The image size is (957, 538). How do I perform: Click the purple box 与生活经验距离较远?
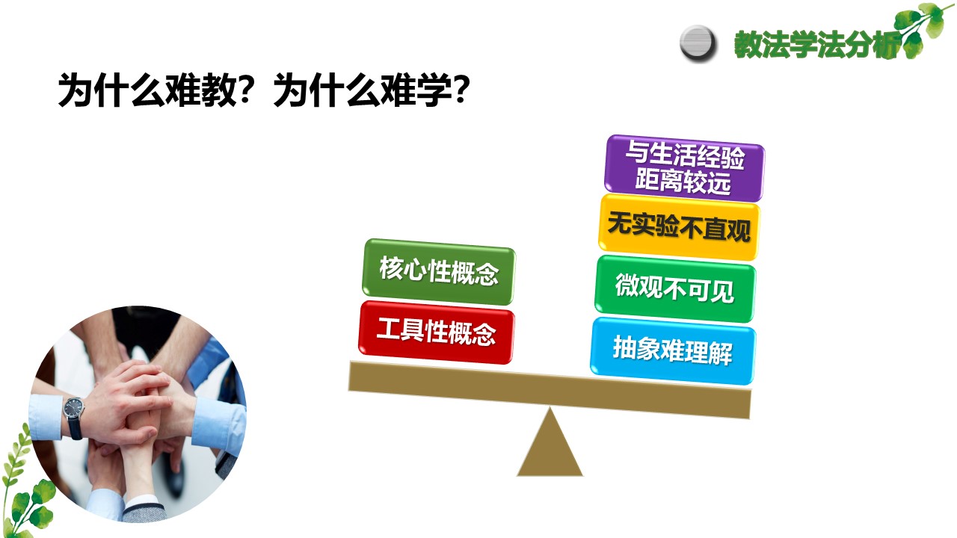click(x=684, y=168)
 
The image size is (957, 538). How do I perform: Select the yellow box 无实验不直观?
click(x=679, y=227)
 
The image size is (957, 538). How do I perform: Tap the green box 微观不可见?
click(x=675, y=289)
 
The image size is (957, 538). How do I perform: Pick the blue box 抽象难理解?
click(x=673, y=351)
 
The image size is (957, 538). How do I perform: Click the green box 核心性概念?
click(x=439, y=272)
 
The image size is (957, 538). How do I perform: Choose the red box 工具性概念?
click(x=436, y=333)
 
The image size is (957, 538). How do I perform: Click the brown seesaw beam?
click(x=550, y=390)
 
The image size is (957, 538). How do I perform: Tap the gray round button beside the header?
click(x=698, y=43)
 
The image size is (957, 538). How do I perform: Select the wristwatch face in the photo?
click(x=73, y=408)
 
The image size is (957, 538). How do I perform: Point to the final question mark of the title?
click(x=461, y=90)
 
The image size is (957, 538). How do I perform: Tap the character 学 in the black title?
click(x=433, y=90)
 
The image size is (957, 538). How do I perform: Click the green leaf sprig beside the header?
click(x=923, y=29)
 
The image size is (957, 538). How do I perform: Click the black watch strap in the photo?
click(x=76, y=428)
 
